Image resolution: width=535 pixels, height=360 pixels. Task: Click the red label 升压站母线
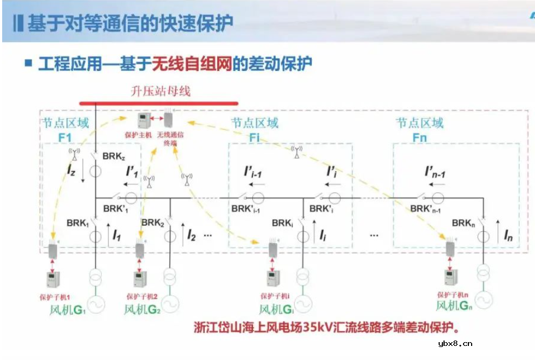click(x=160, y=90)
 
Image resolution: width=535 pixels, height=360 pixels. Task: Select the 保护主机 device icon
click(x=143, y=120)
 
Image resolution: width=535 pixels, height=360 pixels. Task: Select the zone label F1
click(x=64, y=138)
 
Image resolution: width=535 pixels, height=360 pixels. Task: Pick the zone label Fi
click(x=254, y=138)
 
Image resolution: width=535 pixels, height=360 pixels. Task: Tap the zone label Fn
click(x=420, y=138)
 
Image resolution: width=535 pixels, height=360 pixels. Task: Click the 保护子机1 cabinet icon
click(x=53, y=279)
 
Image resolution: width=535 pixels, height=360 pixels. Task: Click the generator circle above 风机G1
click(x=95, y=304)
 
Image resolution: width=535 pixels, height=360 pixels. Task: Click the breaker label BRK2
click(x=152, y=222)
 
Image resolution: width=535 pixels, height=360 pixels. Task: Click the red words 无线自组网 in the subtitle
click(x=200, y=64)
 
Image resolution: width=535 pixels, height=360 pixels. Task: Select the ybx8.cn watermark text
click(x=455, y=343)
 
